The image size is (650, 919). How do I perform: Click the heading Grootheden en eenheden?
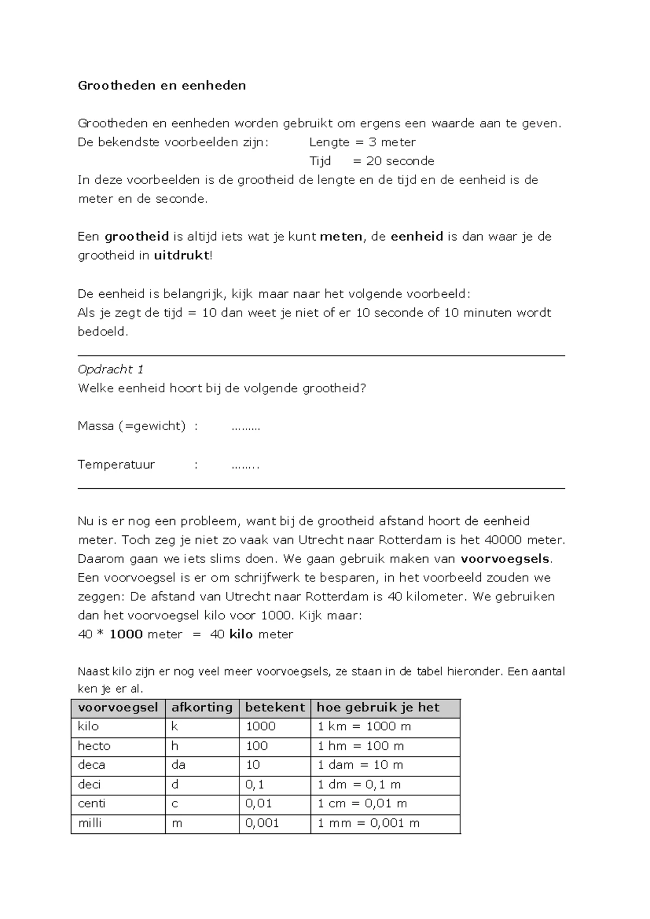(161, 86)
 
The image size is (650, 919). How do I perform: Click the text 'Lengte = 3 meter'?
(362, 143)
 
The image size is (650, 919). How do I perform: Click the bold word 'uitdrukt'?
(181, 256)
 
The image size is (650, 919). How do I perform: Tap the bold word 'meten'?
(341, 237)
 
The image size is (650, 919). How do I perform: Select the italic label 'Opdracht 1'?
(110, 370)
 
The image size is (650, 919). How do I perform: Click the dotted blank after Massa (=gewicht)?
(245, 427)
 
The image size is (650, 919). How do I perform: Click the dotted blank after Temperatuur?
(245, 465)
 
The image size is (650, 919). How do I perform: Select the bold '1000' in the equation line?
(126, 635)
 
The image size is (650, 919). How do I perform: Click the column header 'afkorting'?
(201, 708)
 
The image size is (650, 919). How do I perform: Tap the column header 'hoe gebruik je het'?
(378, 708)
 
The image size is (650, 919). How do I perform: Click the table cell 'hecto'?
(94, 746)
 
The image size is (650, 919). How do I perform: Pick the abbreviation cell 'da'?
(178, 765)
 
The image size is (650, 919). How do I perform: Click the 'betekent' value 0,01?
(258, 804)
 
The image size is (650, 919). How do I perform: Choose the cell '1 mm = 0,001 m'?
(368, 823)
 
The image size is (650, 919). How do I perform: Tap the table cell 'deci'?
(89, 785)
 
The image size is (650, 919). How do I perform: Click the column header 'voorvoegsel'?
(118, 708)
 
